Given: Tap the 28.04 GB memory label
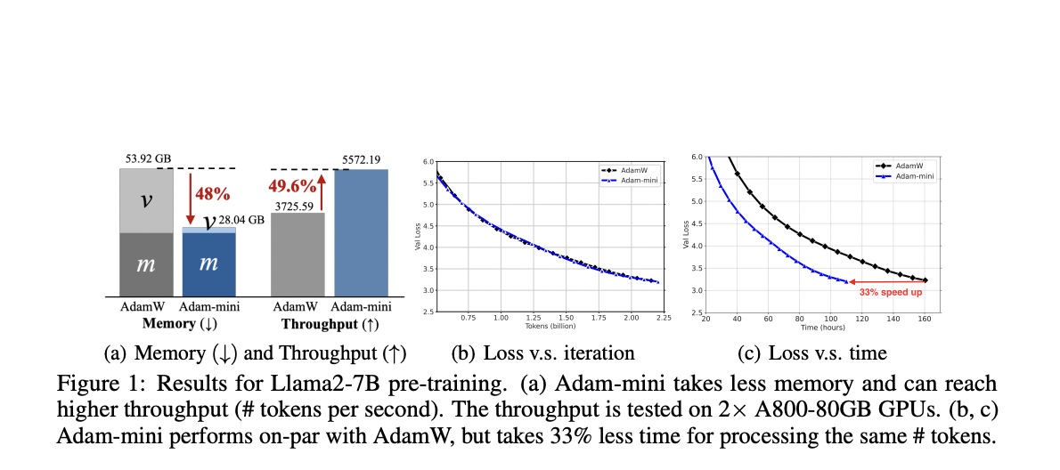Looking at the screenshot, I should (x=241, y=220).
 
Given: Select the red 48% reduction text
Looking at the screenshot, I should (x=212, y=193).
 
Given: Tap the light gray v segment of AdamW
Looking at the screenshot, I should (x=147, y=200).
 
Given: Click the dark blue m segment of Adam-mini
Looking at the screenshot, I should (x=209, y=264).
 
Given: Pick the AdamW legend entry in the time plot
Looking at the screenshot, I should (x=905, y=166).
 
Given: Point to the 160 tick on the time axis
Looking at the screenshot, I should (x=925, y=318).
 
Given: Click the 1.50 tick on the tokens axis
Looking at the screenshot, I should (x=566, y=318).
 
